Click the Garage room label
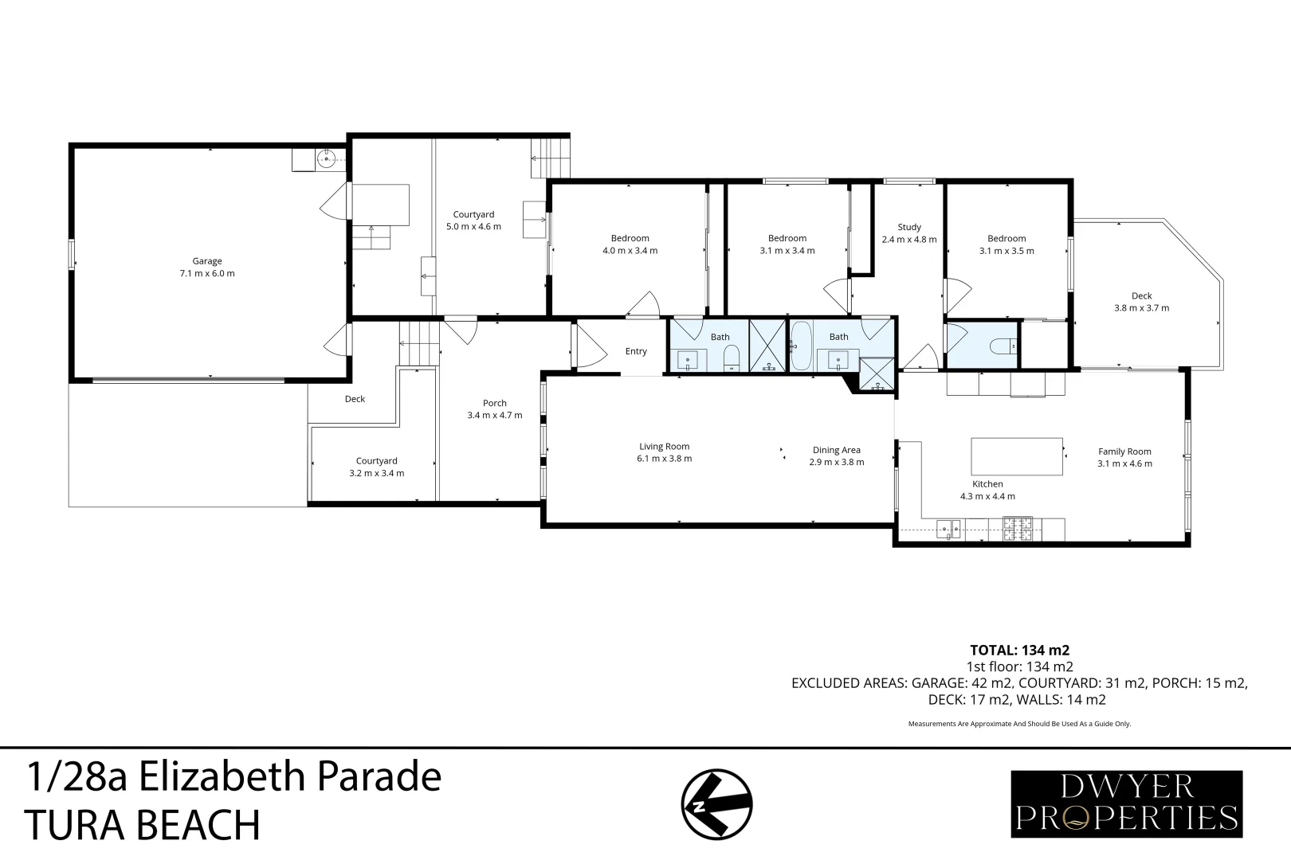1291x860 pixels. click(207, 261)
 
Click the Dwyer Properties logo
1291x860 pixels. click(1126, 803)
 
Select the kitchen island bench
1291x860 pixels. click(1017, 456)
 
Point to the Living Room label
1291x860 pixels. click(664, 447)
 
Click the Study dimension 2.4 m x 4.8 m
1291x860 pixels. click(908, 239)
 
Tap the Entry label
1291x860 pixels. click(636, 351)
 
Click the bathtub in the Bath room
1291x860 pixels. click(801, 346)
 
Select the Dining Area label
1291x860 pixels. click(836, 450)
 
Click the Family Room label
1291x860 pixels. click(1124, 451)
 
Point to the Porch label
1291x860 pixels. click(494, 403)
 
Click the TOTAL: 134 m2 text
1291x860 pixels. click(1018, 650)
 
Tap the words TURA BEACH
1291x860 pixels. click(143, 825)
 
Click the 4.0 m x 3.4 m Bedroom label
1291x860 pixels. click(630, 244)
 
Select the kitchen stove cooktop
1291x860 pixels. click(1018, 527)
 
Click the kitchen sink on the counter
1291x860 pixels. click(948, 528)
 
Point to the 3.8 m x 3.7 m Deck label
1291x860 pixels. click(1141, 302)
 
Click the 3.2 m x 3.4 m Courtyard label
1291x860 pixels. click(376, 467)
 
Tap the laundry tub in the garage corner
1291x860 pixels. click(326, 159)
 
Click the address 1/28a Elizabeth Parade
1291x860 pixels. click(233, 776)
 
